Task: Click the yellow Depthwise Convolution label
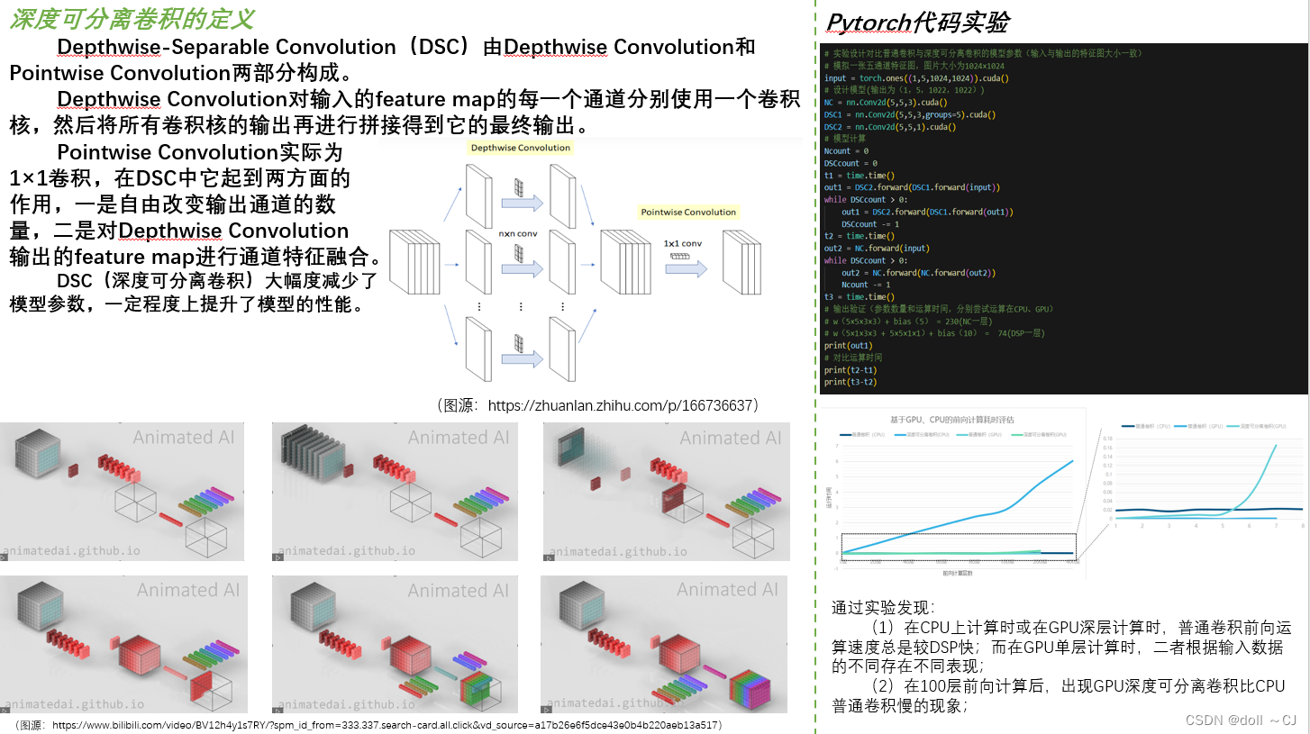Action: tap(521, 148)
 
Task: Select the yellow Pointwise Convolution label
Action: tap(688, 213)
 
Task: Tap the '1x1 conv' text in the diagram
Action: tap(683, 243)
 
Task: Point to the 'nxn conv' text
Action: tap(519, 232)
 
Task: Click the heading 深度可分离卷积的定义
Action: tap(132, 19)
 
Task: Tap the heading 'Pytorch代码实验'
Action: tap(918, 22)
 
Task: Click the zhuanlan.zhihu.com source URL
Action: tap(620, 405)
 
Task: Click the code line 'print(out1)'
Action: tap(848, 345)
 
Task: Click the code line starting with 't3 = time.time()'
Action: tap(859, 297)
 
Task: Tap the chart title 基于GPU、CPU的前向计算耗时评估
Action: tap(951, 419)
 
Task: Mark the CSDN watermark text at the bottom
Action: tap(1240, 720)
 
